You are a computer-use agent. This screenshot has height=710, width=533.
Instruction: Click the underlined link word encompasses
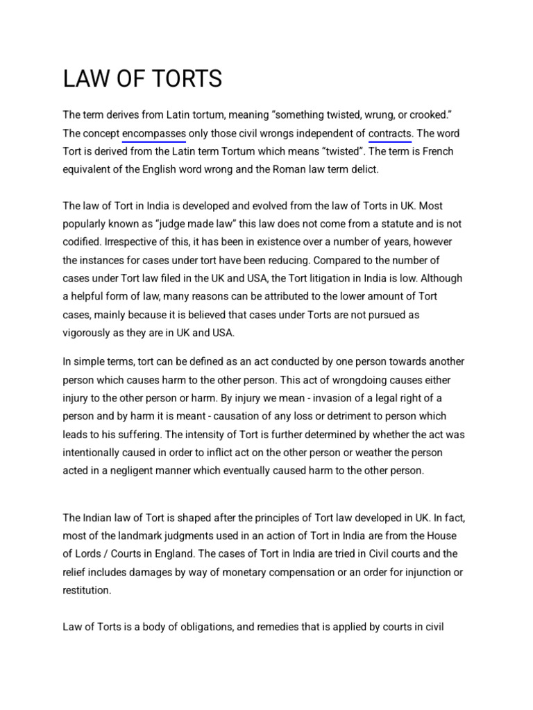[153, 133]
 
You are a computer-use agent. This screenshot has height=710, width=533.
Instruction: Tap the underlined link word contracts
[390, 133]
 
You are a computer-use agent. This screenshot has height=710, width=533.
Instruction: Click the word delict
[362, 169]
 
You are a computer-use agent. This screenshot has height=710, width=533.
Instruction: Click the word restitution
[87, 590]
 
